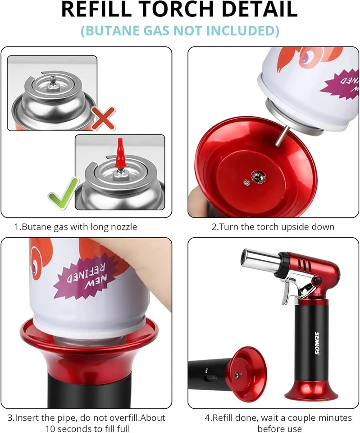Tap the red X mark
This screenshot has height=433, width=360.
[x=103, y=118]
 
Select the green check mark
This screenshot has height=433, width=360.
[x=62, y=193]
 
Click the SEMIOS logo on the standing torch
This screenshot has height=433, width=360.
[x=317, y=343]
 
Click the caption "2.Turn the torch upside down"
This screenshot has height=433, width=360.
[x=273, y=226]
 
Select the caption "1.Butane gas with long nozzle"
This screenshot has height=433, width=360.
[x=76, y=226]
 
